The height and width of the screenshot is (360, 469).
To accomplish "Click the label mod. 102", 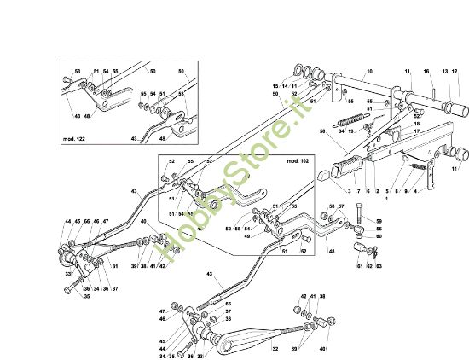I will click(298, 160).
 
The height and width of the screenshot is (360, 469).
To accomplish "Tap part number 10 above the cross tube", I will click(370, 70).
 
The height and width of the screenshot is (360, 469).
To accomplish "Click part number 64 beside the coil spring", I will click(340, 131).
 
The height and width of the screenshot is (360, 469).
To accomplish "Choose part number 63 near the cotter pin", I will click(379, 266).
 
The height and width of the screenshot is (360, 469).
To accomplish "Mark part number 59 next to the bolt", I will click(379, 222).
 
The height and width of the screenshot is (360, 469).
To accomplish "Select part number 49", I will click(247, 236).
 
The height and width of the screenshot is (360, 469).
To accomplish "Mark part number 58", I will click(332, 206).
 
